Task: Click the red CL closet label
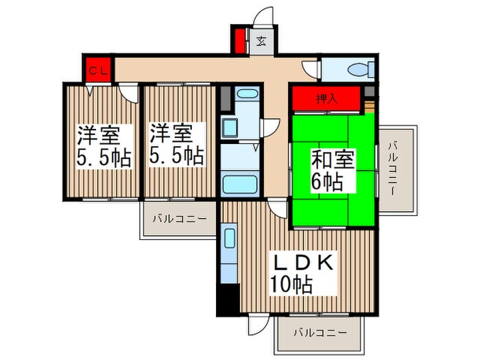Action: pyautogui.click(x=97, y=70)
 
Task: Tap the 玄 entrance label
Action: pyautogui.click(x=262, y=41)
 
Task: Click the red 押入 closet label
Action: pyautogui.click(x=326, y=98)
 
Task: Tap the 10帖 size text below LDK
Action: pyautogui.click(x=291, y=283)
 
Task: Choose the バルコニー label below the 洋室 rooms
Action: pyautogui.click(x=179, y=219)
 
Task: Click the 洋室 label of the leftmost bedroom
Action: pyautogui.click(x=95, y=132)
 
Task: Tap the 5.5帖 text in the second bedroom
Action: pyautogui.click(x=176, y=156)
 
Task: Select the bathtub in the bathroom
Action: pyautogui.click(x=239, y=183)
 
